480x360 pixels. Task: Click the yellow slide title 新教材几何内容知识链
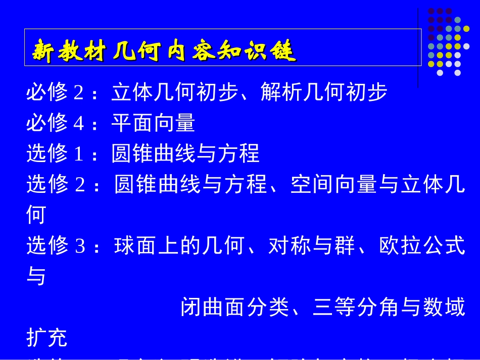[164, 52]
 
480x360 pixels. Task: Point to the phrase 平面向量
[153, 123]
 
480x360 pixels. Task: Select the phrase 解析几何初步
[324, 92]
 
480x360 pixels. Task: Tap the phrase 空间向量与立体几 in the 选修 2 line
[377, 185]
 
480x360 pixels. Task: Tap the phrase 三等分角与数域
[389, 307]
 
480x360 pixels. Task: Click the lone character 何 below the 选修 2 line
[36, 216]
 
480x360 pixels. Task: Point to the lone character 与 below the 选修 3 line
[36, 277]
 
